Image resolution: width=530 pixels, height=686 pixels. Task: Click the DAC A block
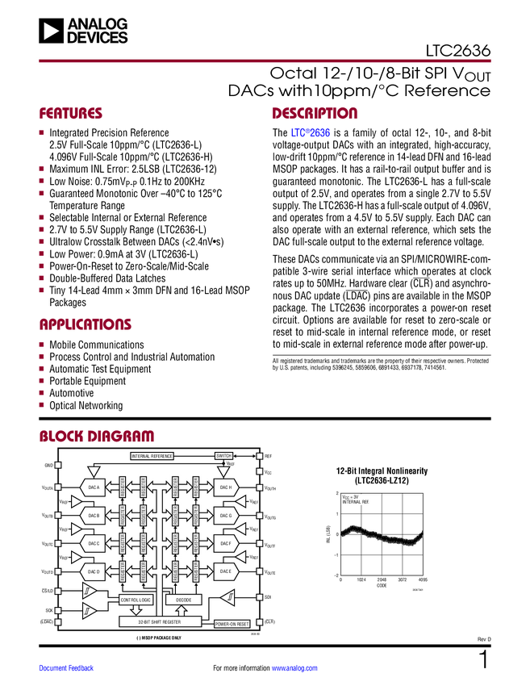[94, 487]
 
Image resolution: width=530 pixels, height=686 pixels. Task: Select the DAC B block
[94, 515]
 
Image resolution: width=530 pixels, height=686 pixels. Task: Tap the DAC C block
[94, 543]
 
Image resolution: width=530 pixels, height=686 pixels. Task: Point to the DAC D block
[94, 571]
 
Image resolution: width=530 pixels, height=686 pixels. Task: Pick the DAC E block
[225, 571]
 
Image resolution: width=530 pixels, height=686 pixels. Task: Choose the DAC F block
[225, 543]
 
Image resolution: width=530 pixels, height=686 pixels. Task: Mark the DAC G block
[225, 515]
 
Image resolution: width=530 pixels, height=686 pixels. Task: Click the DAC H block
[225, 487]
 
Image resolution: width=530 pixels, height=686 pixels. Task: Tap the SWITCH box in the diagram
[223, 456]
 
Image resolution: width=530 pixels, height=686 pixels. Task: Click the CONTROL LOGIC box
[136, 600]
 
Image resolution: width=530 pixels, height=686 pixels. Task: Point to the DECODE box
[183, 600]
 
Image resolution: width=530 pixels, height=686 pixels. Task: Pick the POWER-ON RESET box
[232, 624]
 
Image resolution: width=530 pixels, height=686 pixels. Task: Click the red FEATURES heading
[71, 114]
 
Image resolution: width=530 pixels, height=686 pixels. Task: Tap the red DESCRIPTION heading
[315, 114]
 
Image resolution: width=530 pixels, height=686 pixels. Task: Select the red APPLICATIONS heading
[86, 325]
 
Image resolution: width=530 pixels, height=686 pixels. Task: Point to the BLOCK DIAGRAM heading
[97, 436]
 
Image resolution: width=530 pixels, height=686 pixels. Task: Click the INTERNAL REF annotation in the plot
[356, 502]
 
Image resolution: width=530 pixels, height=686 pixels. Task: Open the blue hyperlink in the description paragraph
[311, 133]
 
